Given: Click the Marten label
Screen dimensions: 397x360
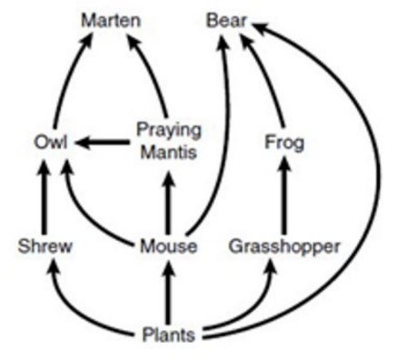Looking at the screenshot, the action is click(x=111, y=21).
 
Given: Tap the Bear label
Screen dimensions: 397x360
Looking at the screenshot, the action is click(x=226, y=21).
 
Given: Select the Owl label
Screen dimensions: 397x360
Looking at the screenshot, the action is click(x=51, y=142).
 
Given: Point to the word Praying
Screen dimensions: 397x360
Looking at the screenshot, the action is click(x=169, y=131).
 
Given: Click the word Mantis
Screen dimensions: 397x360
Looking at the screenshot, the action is click(x=169, y=152).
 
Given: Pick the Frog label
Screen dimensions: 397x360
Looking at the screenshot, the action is click(x=284, y=143).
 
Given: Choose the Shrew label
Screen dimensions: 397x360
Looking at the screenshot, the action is click(x=45, y=246).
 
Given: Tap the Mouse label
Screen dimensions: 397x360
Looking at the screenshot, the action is click(x=169, y=246).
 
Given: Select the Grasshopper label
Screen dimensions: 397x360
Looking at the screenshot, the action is click(x=284, y=247).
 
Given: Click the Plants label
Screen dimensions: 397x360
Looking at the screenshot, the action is click(x=169, y=335).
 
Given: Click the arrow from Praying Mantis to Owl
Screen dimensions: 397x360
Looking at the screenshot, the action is click(x=103, y=142).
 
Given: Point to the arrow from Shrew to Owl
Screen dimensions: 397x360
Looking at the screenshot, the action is click(x=45, y=197).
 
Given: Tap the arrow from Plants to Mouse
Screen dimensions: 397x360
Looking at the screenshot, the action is click(x=169, y=292).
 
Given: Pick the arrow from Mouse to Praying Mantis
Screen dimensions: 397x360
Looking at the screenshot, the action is click(x=169, y=203).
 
